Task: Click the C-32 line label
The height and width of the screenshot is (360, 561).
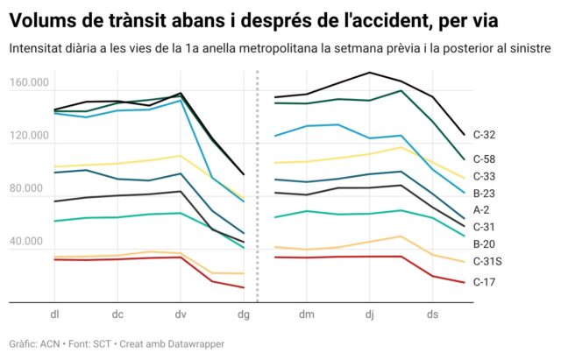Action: pos(484,135)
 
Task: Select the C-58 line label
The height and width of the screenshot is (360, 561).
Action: pos(484,159)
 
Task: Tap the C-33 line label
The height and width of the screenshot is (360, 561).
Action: pos(484,177)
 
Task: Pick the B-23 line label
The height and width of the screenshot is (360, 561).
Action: pos(484,194)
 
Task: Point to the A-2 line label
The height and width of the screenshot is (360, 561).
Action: pos(481,210)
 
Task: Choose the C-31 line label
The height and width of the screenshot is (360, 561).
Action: pos(484,227)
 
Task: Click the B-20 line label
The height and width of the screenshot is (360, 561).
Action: pos(484,244)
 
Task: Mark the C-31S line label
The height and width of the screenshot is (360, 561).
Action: pos(486,261)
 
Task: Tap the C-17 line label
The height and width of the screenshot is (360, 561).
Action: pos(484,282)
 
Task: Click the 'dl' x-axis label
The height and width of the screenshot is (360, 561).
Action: pos(54,313)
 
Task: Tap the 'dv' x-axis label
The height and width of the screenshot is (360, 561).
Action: pos(180,313)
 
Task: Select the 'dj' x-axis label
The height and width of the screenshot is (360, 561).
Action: pos(370,313)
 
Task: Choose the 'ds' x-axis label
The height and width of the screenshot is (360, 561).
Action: pos(432,313)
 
